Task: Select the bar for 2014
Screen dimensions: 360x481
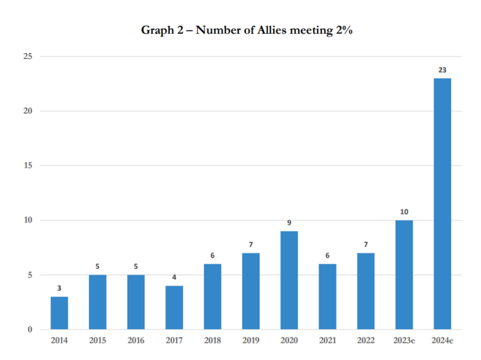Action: click(59, 313)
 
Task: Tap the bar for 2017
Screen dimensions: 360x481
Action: click(174, 308)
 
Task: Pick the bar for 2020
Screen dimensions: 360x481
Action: click(289, 280)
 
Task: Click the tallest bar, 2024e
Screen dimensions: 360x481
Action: click(442, 204)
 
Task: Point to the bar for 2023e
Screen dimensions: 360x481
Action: click(404, 275)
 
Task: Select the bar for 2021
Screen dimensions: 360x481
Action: click(327, 297)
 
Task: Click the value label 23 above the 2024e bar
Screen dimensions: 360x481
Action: click(442, 70)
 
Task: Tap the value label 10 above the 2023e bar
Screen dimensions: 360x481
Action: click(404, 212)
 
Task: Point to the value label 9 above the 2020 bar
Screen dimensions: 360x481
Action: click(289, 223)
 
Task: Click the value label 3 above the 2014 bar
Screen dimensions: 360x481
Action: click(59, 288)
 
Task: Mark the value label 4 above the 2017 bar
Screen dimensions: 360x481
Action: click(174, 277)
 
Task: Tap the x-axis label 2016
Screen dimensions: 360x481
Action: click(136, 340)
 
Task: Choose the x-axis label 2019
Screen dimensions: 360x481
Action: click(250, 340)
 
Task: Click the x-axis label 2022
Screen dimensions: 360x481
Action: click(365, 340)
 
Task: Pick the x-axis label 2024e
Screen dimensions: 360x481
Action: click(442, 340)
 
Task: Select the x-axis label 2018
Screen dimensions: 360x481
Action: click(212, 340)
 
